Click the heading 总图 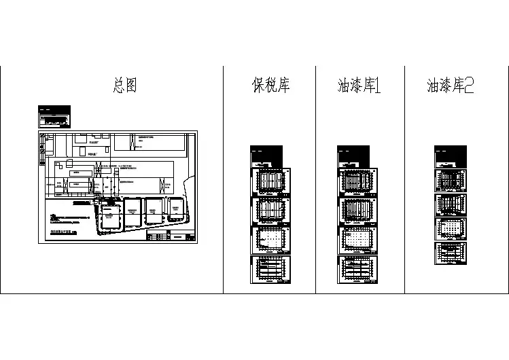[124, 86]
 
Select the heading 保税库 [270, 86]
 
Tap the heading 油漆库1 [359, 86]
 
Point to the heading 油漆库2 [450, 86]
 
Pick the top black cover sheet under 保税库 [270, 156]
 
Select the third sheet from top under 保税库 [270, 211]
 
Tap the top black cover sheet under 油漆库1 [358, 156]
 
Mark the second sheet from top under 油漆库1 [358, 181]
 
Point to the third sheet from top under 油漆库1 [358, 211]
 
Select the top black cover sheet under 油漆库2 [451, 156]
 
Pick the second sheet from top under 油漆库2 [451, 181]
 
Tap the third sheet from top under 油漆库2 [451, 204]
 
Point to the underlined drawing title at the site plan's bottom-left [64, 232]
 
